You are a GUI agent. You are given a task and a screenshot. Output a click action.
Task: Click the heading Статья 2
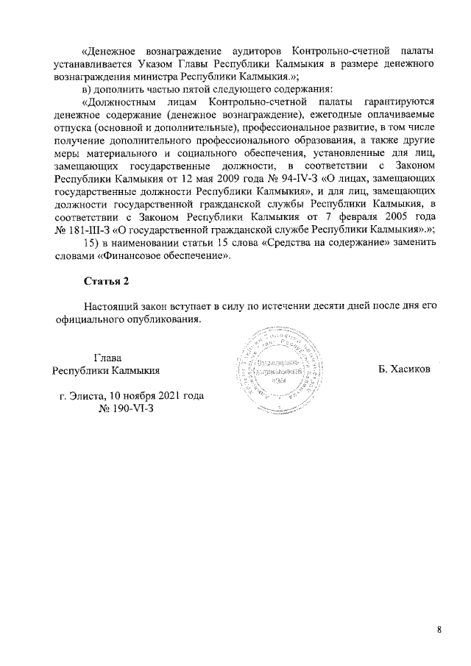click(106, 282)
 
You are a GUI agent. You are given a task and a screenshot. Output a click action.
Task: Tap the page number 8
click(439, 630)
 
